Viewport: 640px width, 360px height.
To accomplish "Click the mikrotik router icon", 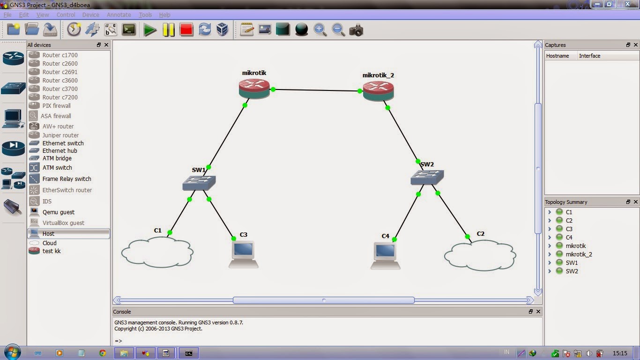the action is (254, 88).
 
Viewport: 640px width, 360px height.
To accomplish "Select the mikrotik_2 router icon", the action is (378, 91).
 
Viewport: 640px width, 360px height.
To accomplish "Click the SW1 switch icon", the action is (199, 183).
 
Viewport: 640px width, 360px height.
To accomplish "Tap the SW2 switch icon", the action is (427, 177).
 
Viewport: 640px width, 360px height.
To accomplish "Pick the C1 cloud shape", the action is (157, 252).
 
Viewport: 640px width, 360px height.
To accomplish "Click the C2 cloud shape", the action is (480, 255).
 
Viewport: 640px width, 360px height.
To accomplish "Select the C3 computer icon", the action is (244, 254).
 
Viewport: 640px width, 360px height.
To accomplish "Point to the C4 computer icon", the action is (385, 255).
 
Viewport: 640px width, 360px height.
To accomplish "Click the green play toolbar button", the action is (150, 30).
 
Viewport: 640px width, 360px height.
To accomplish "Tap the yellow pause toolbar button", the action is (169, 30).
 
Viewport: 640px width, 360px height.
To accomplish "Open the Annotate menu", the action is (119, 15).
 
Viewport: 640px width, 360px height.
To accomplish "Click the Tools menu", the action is (145, 15).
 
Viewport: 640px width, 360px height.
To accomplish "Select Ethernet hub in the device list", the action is (60, 151).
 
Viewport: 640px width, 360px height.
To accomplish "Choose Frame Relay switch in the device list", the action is (67, 179).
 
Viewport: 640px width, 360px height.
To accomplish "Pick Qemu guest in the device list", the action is (59, 212).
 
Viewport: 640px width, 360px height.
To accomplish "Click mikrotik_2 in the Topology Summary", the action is (579, 255).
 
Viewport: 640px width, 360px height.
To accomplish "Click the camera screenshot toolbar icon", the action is (356, 30).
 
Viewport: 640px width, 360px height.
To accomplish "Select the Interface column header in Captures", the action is (589, 56).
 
